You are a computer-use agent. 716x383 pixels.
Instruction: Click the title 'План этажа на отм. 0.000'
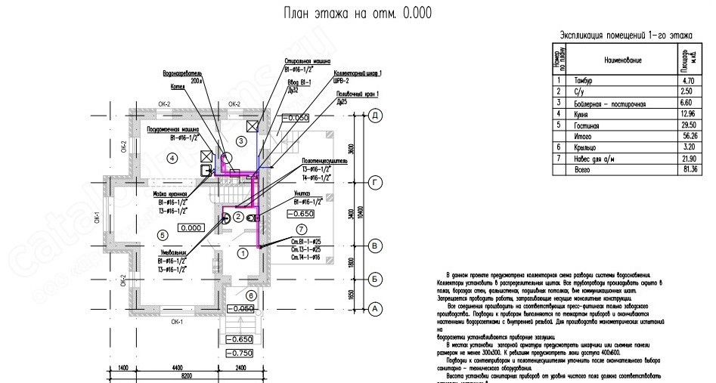click(x=358, y=14)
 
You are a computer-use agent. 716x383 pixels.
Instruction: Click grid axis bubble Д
click(x=373, y=116)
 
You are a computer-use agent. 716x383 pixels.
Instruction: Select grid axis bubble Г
click(x=373, y=182)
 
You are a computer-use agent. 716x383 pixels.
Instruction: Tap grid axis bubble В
click(x=373, y=246)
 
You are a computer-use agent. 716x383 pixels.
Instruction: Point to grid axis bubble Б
click(x=373, y=279)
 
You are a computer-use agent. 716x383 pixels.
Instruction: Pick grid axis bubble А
click(x=373, y=309)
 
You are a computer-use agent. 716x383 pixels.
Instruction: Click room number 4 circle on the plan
click(x=173, y=158)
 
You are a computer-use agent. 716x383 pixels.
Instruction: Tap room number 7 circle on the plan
click(x=302, y=229)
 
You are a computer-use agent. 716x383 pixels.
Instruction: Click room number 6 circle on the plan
click(x=253, y=295)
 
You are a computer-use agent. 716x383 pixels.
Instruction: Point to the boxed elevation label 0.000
click(x=191, y=227)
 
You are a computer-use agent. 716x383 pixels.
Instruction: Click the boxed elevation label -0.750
click(x=241, y=353)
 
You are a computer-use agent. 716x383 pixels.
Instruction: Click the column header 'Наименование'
click(x=622, y=59)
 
